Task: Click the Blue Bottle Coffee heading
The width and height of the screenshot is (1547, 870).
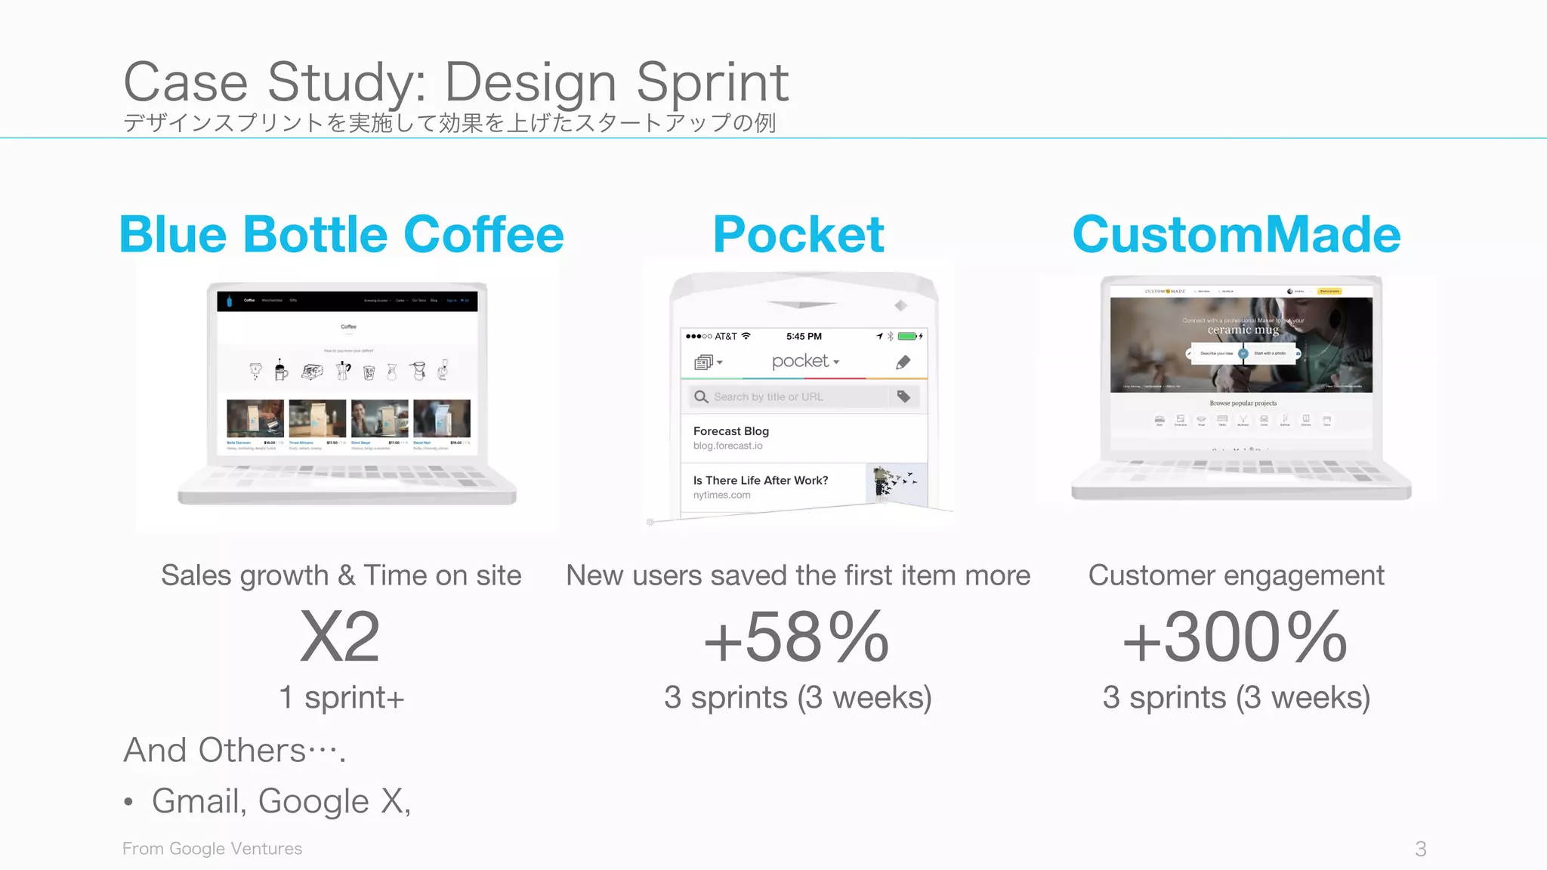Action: tap(341, 234)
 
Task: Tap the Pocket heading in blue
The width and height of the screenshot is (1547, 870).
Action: tap(798, 234)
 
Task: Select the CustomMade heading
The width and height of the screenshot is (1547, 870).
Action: tap(1237, 234)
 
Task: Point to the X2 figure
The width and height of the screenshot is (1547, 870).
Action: tap(340, 637)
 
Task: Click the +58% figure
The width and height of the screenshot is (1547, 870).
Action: tap(797, 637)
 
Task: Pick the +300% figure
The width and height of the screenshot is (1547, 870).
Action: tap(1236, 637)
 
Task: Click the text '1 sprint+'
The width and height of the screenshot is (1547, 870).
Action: tap(341, 697)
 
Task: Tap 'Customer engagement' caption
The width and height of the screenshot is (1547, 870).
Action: tap(1236, 575)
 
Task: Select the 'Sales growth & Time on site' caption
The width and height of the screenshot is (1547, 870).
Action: tap(341, 575)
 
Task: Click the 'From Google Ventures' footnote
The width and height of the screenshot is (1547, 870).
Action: tap(212, 849)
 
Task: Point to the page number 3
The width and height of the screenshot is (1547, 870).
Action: tap(1420, 849)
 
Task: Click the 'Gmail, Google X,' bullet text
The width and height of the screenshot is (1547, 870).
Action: tap(281, 801)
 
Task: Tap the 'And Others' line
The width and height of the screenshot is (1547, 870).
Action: tap(234, 751)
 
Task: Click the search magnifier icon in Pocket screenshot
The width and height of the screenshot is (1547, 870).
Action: tap(701, 396)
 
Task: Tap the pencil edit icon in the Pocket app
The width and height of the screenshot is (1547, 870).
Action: tap(903, 362)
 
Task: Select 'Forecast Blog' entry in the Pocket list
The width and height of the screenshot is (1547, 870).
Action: tap(731, 431)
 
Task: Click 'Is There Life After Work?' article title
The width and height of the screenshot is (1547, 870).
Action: tap(761, 480)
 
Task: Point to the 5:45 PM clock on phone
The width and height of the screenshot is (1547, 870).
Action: tap(804, 336)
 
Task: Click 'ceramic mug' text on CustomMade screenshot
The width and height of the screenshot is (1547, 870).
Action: tap(1243, 330)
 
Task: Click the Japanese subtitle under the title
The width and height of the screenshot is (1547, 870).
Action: tap(449, 122)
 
